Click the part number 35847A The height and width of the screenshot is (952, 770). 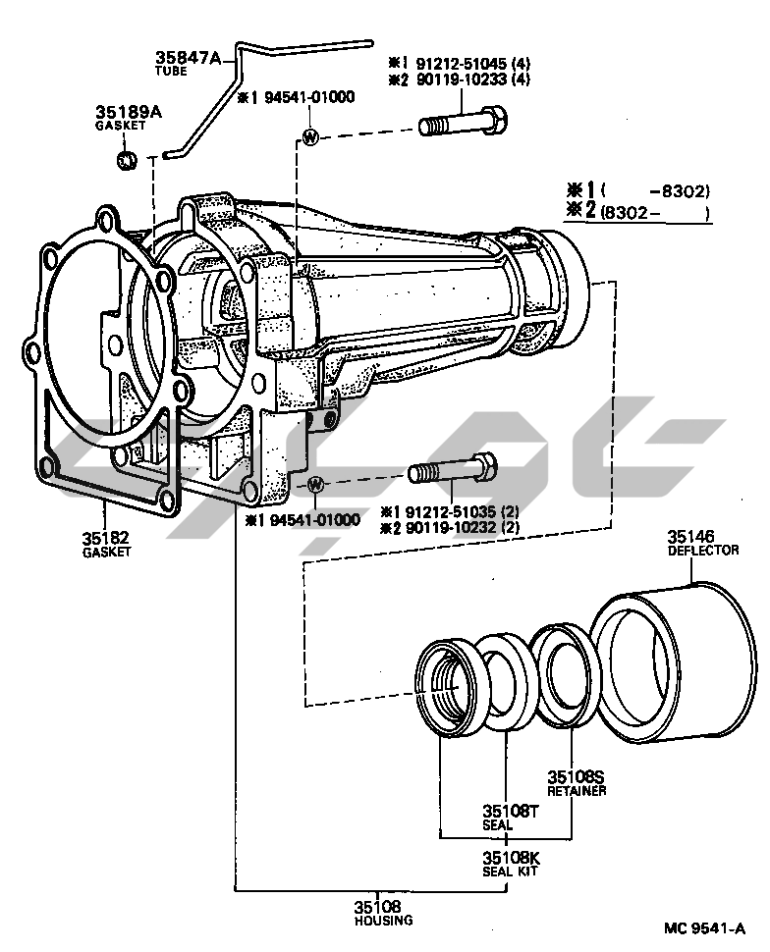click(188, 57)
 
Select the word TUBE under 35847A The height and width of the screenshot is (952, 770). click(171, 71)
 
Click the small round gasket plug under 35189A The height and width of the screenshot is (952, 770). click(127, 161)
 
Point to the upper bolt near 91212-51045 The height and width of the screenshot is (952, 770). click(462, 124)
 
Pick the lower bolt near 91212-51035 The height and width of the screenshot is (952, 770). click(453, 469)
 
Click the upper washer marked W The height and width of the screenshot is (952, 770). click(310, 136)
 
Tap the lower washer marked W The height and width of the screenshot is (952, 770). click(316, 485)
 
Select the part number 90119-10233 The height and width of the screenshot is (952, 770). click(462, 79)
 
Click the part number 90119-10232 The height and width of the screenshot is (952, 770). click(451, 527)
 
